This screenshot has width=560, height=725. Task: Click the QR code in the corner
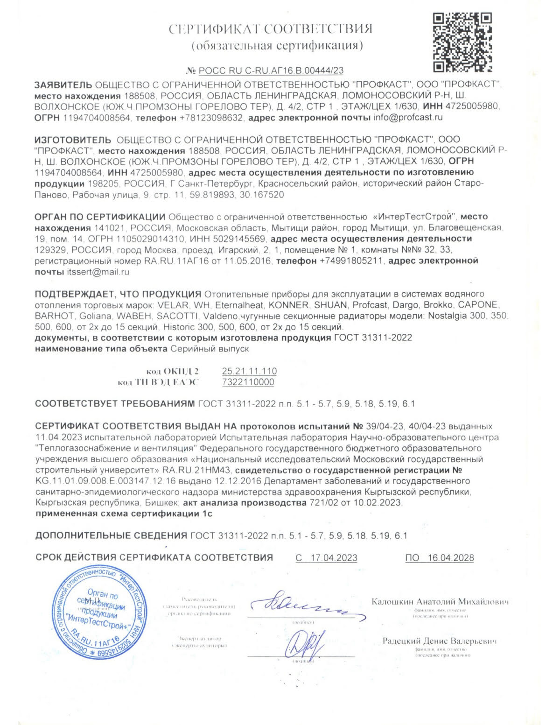pyautogui.click(x=462, y=42)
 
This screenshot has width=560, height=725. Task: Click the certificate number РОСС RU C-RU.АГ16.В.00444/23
pyautogui.click(x=271, y=71)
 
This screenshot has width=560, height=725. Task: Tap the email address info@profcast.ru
pyautogui.click(x=408, y=118)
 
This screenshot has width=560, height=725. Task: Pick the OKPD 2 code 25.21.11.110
pyautogui.click(x=249, y=371)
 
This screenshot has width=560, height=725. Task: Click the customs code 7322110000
pyautogui.click(x=248, y=382)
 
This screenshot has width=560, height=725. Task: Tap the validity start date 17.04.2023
pyautogui.click(x=334, y=557)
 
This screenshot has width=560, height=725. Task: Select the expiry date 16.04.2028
pyautogui.click(x=450, y=557)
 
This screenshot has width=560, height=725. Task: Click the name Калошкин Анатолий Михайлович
pyautogui.click(x=440, y=601)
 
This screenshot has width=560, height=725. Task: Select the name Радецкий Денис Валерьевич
pyautogui.click(x=440, y=641)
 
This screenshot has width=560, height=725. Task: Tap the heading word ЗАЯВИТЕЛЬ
pyautogui.click(x=63, y=85)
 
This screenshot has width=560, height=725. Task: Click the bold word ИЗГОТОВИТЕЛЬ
pyautogui.click(x=73, y=140)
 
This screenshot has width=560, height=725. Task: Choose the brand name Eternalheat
pyautogui.click(x=232, y=305)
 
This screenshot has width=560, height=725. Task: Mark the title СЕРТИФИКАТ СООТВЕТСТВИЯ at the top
pyautogui.click(x=270, y=29)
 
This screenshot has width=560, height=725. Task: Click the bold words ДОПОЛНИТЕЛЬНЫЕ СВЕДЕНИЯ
pyautogui.click(x=111, y=535)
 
